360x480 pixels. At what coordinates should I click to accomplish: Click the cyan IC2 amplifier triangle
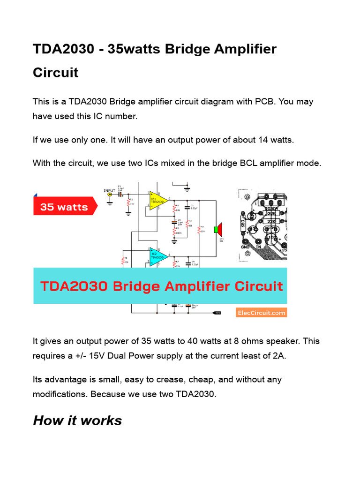(x=157, y=256)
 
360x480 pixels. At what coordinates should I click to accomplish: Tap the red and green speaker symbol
(x=217, y=229)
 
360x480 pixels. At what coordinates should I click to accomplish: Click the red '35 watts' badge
(x=64, y=207)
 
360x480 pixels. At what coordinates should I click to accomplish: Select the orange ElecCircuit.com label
(x=261, y=313)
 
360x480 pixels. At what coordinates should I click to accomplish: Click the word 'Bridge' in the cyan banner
(x=148, y=286)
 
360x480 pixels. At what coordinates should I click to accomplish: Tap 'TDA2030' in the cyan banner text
(x=75, y=286)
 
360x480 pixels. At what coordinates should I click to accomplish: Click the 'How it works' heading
(x=77, y=420)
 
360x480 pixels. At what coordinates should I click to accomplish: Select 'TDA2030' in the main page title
(x=63, y=49)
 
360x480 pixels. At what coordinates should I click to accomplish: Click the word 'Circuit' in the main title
(x=55, y=73)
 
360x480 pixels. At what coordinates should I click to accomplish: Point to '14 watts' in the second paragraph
(x=278, y=140)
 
